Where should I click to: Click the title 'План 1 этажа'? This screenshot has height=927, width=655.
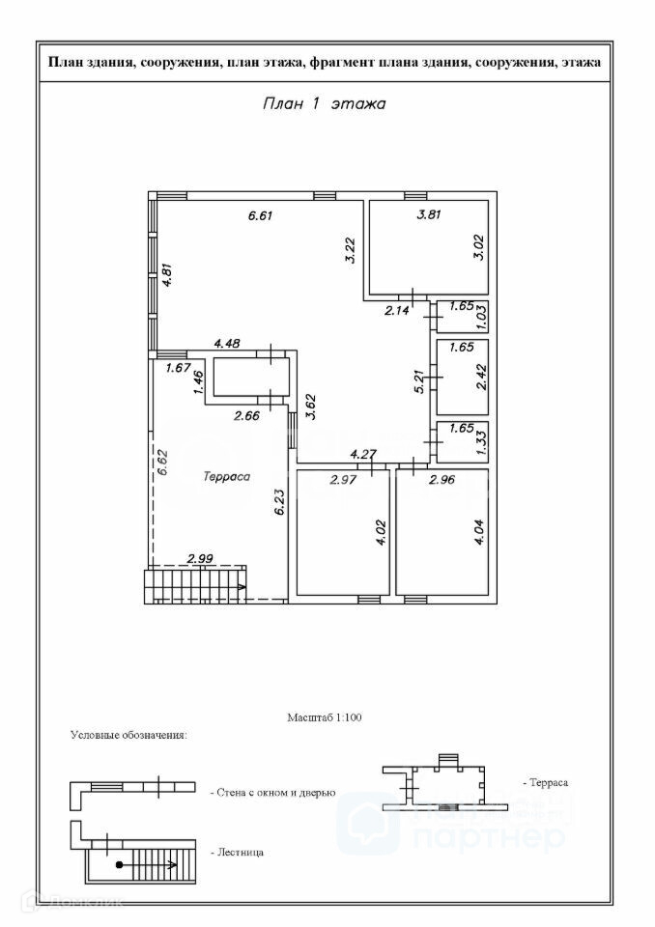[324, 104]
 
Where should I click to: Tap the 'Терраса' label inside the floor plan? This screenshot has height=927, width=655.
[227, 476]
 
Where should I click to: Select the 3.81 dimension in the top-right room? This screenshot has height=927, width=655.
[428, 214]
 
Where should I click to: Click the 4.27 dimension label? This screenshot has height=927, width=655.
[362, 453]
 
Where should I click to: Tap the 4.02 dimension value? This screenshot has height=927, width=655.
[381, 533]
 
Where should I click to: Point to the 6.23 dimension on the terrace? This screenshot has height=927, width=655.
[279, 503]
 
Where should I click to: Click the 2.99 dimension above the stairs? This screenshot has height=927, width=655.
[200, 558]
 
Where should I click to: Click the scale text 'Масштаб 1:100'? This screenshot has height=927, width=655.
[324, 717]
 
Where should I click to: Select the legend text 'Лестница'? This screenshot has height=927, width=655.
[237, 853]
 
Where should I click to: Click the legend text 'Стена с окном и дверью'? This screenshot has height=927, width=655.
[272, 792]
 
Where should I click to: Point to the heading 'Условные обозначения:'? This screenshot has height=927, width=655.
[128, 736]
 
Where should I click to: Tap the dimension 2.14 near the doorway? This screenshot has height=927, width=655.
[397, 310]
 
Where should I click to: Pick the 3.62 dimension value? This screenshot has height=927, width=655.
[309, 405]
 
